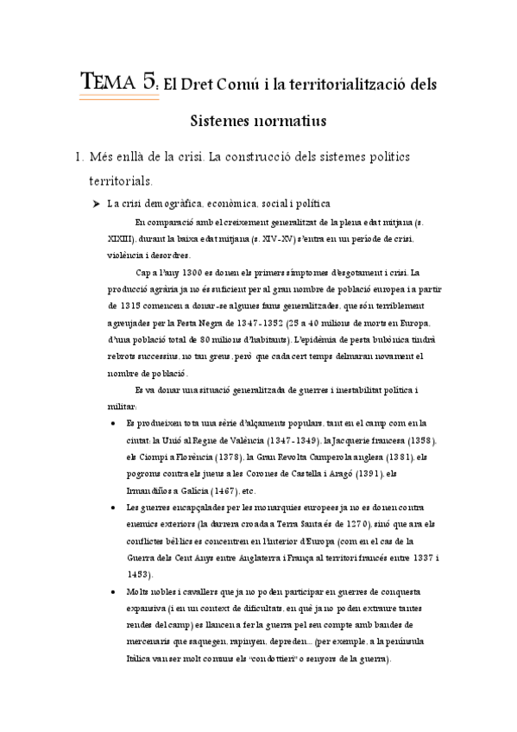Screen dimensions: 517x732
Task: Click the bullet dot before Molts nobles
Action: pyautogui.click(x=115, y=593)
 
